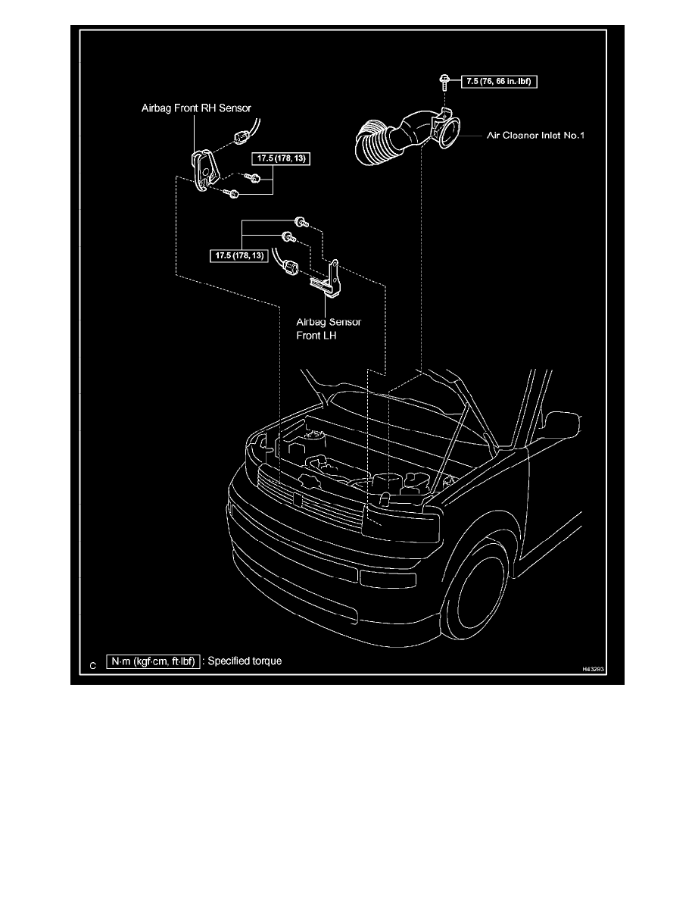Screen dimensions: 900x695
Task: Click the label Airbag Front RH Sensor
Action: (x=195, y=108)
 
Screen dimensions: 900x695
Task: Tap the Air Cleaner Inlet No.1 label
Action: (x=536, y=136)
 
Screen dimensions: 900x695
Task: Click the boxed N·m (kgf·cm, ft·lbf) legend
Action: (x=154, y=661)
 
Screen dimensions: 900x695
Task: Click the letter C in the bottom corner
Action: (x=92, y=665)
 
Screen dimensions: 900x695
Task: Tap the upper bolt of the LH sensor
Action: (x=301, y=222)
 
